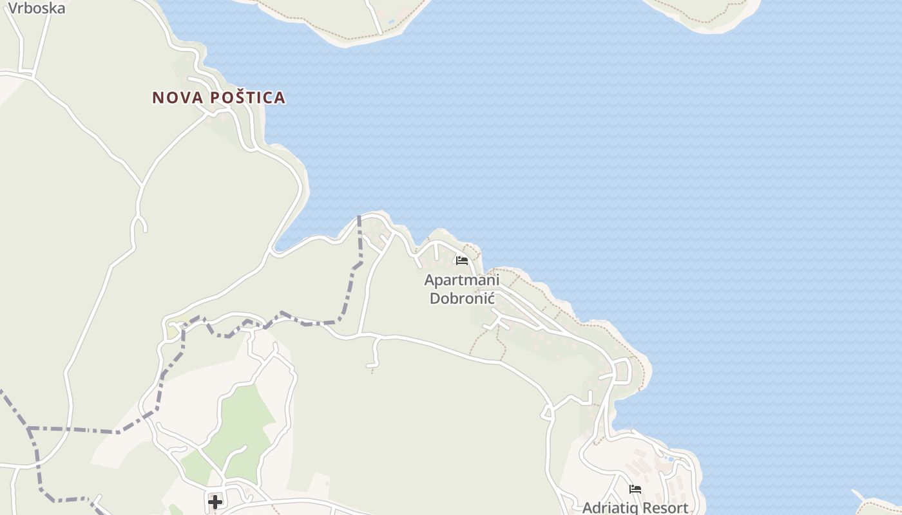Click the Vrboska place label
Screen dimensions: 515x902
(37, 8)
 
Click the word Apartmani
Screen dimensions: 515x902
(461, 281)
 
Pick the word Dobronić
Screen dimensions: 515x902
(461, 298)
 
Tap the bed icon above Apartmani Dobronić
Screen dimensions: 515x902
(461, 261)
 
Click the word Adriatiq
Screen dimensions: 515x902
(612, 508)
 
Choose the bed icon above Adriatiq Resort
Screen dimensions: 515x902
(635, 489)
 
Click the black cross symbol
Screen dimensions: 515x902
(215, 501)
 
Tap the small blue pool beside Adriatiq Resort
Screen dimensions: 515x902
(670, 460)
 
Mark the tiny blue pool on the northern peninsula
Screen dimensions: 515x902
(391, 21)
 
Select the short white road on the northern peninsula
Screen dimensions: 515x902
(375, 14)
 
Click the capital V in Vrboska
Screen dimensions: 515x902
(13, 8)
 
